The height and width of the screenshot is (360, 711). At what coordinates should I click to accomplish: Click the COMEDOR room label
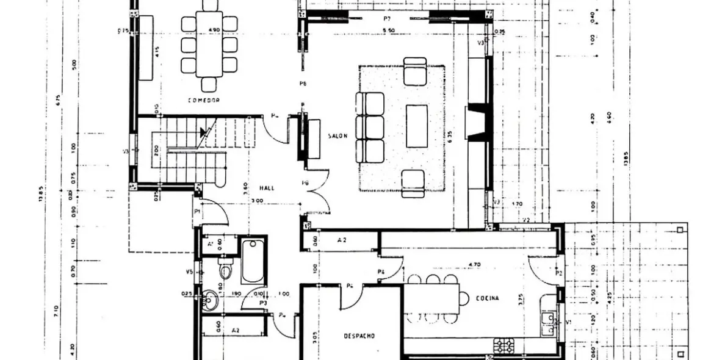[x=203, y=99]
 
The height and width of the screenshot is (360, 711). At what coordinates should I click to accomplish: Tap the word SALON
[x=337, y=136]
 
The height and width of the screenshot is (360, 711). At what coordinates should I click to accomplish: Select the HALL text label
[x=267, y=188]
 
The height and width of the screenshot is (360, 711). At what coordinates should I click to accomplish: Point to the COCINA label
[x=488, y=298]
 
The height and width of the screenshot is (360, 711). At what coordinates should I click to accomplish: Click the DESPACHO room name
[x=359, y=336]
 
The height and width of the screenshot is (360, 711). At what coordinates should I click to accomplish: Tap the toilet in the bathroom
[x=225, y=268]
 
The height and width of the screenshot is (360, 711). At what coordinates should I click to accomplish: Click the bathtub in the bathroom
[x=252, y=261]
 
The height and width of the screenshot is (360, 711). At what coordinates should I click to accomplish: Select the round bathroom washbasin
[x=210, y=300]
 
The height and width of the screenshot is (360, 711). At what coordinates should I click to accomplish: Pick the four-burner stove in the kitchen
[x=504, y=345]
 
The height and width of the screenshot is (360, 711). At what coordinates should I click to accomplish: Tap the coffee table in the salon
[x=417, y=126]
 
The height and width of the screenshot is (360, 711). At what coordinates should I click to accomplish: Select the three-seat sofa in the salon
[x=370, y=127]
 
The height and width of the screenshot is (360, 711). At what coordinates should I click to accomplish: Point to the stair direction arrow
[x=203, y=131]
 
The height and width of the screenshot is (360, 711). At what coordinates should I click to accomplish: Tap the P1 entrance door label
[x=197, y=212]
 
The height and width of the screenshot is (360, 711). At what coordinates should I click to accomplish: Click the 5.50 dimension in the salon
[x=388, y=30]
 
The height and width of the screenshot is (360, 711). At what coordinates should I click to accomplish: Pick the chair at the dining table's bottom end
[x=209, y=85]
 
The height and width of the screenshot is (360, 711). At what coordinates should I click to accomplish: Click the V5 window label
[x=189, y=272]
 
